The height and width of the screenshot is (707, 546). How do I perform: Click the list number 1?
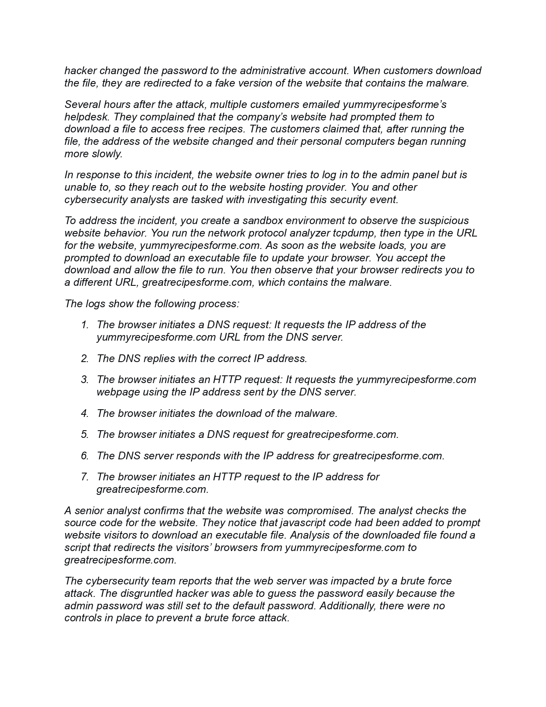coord(84,325)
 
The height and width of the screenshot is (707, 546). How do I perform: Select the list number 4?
coord(84,413)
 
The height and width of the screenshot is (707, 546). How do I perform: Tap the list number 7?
coord(84,477)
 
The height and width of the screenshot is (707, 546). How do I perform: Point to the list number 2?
coord(84,359)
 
